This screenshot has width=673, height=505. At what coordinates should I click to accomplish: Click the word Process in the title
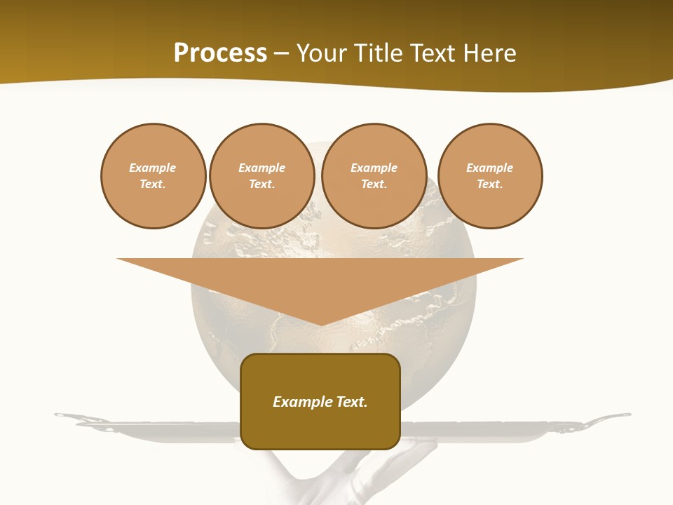220,53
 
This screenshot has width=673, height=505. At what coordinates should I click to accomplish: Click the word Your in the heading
323,53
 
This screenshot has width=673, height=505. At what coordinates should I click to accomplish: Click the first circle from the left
153,176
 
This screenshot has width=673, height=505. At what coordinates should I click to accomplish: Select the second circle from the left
261,176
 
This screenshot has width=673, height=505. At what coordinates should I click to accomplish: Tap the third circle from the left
374,176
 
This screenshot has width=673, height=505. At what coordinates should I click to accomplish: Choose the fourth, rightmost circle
489,176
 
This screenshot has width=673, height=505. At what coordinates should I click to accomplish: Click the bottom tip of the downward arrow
321,323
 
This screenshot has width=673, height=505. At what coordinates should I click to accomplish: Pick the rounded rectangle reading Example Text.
320,401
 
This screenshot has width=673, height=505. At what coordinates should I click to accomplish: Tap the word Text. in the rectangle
353,402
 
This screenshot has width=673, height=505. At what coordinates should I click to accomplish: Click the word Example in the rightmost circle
489,168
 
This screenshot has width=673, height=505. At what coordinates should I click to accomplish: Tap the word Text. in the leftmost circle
153,184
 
